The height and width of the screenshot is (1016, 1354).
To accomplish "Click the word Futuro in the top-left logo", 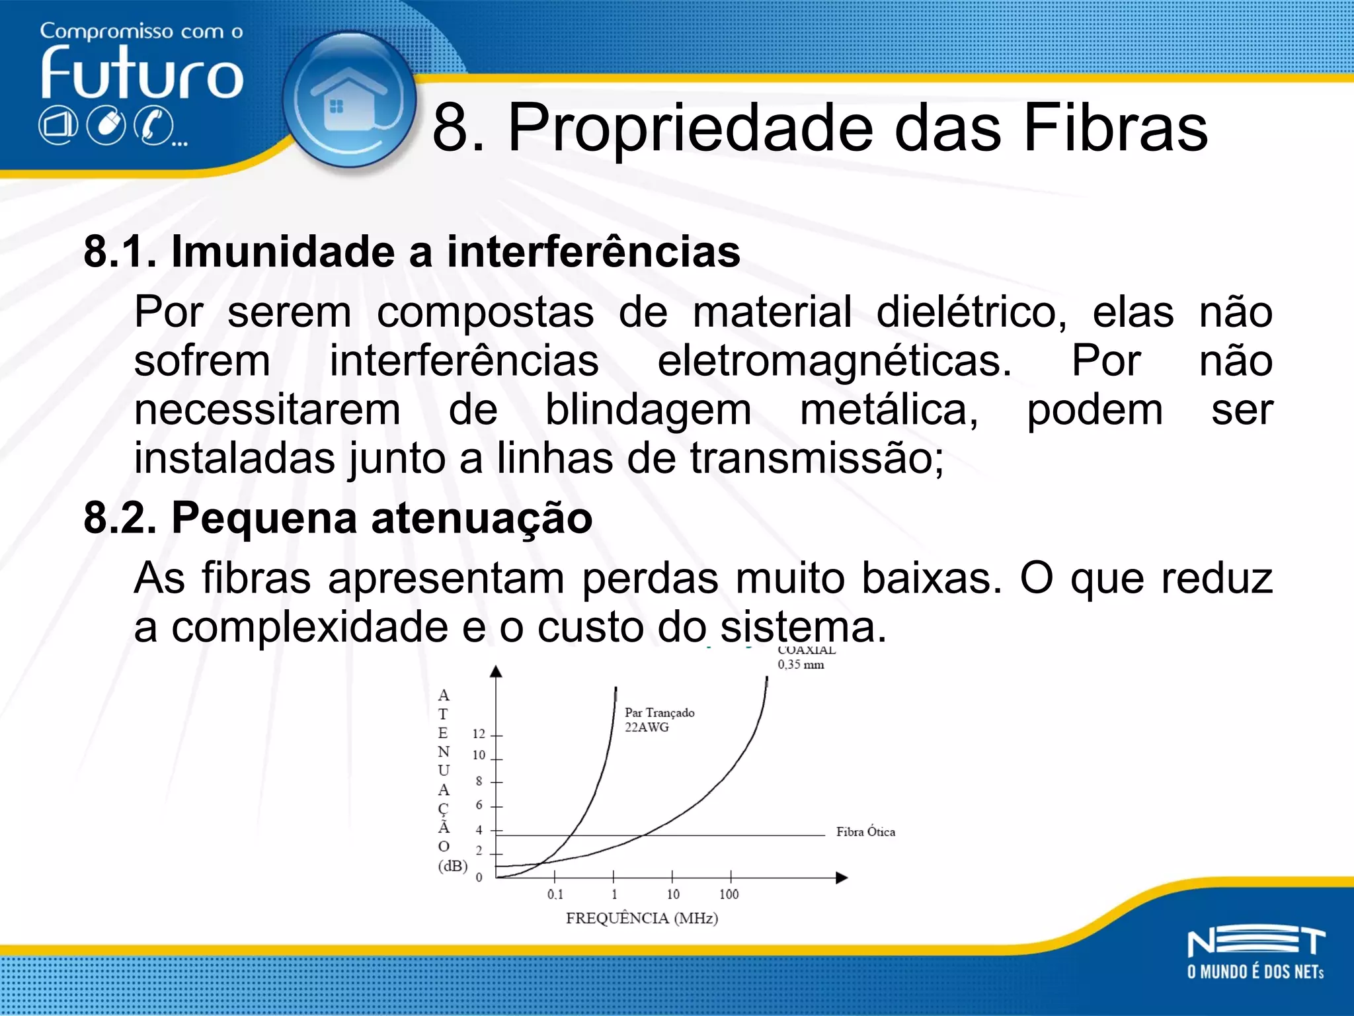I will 141,74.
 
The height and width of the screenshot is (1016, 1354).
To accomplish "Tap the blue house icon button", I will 349,99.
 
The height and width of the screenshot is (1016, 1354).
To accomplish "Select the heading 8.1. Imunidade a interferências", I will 411,252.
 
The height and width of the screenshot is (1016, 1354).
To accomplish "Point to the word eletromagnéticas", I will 834,361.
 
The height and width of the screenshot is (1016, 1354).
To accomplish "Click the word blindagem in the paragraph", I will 648,410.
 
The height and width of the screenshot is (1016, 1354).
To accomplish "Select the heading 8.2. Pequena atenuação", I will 338,517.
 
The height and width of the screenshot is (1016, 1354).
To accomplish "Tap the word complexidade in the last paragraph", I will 310,627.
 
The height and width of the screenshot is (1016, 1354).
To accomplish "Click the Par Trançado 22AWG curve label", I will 658,720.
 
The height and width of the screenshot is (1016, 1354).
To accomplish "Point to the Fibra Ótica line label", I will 865,832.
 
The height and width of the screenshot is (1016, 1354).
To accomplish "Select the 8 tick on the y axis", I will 479,781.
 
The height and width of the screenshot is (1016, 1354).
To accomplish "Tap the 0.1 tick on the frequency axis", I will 555,894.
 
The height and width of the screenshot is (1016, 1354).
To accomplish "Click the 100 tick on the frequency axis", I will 729,894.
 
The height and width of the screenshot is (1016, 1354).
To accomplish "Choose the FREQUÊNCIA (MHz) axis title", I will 641,918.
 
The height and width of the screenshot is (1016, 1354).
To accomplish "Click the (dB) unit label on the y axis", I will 452,866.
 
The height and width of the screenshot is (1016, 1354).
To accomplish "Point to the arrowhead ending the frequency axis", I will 842,878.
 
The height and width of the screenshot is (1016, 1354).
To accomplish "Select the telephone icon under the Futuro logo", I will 153,126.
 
